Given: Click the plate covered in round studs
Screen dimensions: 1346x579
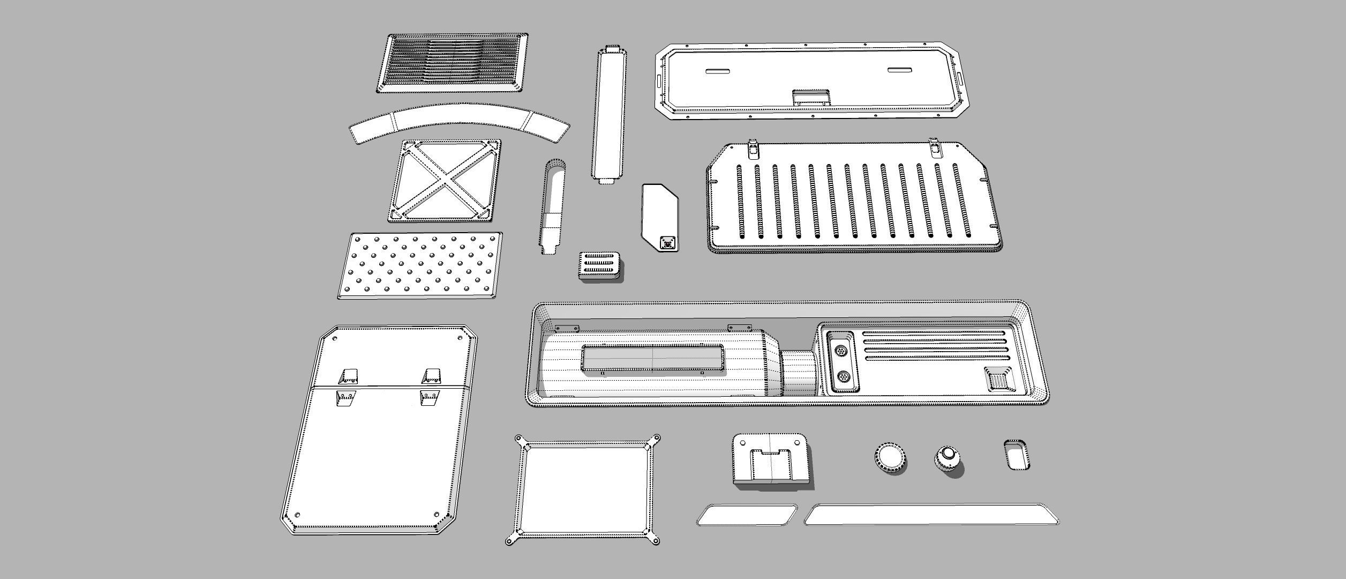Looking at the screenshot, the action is tap(420, 265).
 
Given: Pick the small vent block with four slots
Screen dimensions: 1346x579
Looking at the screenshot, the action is tap(600, 265).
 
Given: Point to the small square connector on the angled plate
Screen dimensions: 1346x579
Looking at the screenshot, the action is tap(667, 243).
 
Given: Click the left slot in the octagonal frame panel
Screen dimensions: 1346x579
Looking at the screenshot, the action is tap(718, 71).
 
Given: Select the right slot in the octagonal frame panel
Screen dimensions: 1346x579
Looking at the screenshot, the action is tap(900, 70).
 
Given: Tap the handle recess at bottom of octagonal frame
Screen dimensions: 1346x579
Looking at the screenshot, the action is tap(810, 98).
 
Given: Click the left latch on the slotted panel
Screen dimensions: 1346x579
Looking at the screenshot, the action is tap(753, 147).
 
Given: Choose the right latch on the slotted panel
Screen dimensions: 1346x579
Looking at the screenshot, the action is tap(935, 147).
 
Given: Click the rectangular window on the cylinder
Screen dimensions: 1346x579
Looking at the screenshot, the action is tap(652, 358).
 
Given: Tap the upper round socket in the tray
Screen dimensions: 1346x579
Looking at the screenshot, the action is tap(841, 351).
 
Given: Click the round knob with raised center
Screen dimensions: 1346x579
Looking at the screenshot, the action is tap(948, 457).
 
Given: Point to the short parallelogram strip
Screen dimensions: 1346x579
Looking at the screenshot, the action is tap(746, 515).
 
